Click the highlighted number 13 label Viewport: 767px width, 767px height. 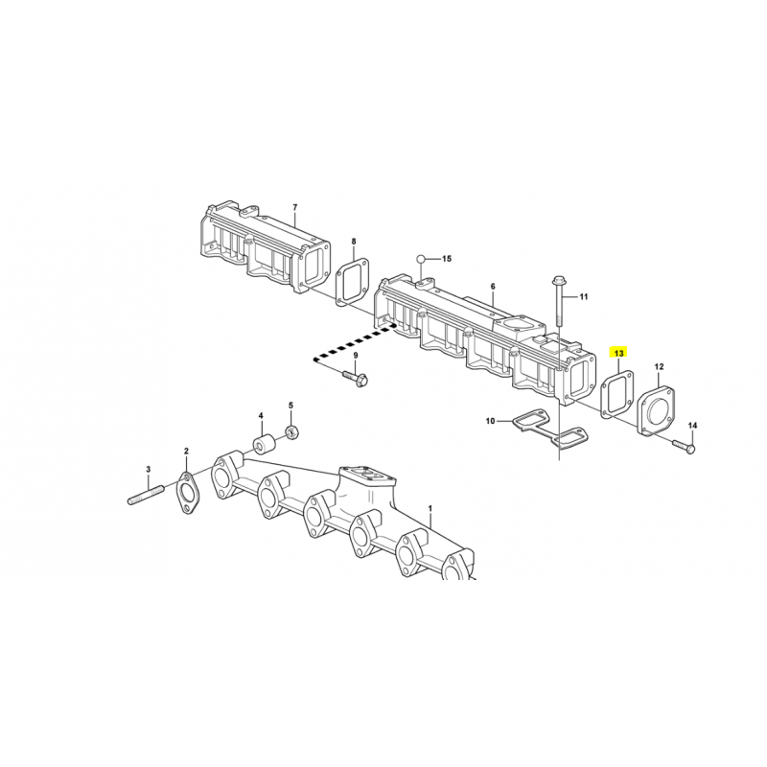point(618,353)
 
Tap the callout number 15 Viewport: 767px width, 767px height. point(446,258)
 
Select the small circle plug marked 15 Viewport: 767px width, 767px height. point(420,258)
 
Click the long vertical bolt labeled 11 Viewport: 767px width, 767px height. point(558,301)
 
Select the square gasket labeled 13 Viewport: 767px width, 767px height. point(616,394)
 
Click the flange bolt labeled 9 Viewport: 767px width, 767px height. point(355,377)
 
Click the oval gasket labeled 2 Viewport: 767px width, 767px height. point(186,493)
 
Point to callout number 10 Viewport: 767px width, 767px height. point(491,421)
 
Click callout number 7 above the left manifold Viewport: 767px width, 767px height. point(294,207)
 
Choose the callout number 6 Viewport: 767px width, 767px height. point(493,286)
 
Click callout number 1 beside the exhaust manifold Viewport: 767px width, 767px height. point(430,509)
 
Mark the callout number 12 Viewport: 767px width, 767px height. point(659,366)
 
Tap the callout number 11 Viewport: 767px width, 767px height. point(584,296)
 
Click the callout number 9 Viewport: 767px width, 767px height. point(356,355)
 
